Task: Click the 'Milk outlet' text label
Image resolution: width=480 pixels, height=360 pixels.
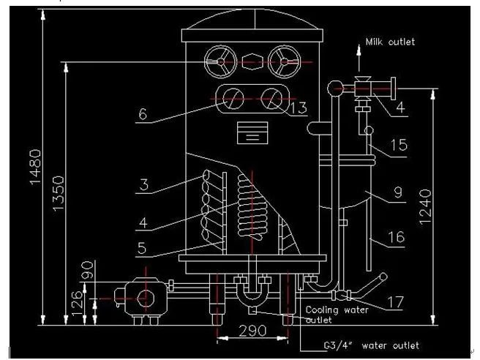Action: pos(390,42)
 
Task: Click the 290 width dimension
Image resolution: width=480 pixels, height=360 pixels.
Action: pos(252,331)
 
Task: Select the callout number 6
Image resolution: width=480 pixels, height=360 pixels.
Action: pos(143,114)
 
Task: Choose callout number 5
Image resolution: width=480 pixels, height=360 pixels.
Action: pos(143,247)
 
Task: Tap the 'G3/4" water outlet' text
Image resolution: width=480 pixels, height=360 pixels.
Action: pos(371,345)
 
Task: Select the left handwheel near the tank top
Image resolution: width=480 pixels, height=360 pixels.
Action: pos(221,63)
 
